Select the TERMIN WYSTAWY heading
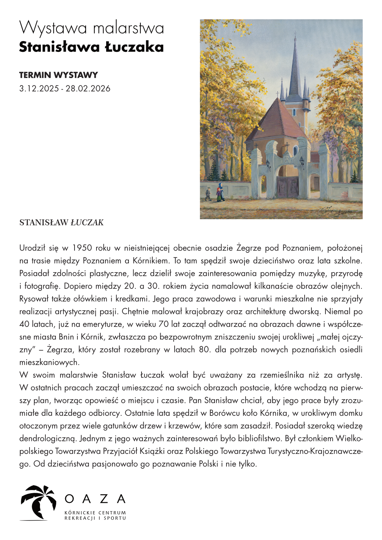coord(58,75)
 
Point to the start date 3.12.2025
coord(39,89)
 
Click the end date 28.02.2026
coord(88,89)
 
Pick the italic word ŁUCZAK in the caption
coord(87,222)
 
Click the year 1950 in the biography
coord(82,248)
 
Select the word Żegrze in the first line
coord(248,248)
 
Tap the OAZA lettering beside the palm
coord(95,499)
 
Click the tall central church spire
coord(295,68)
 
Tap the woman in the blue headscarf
coord(220,192)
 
